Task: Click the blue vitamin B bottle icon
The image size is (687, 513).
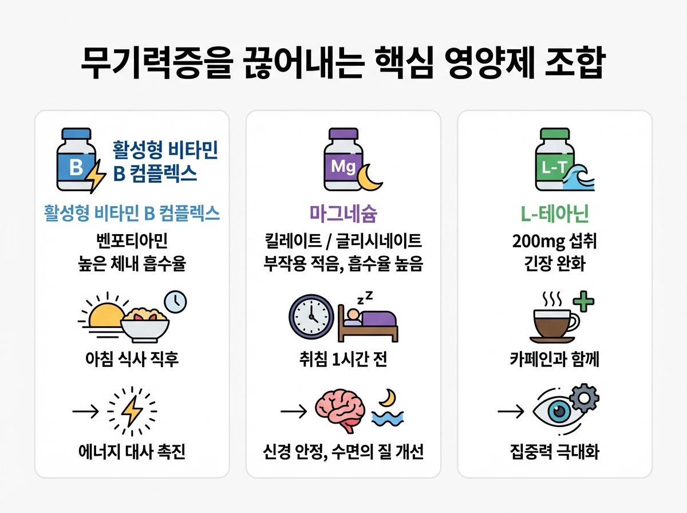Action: click(x=76, y=160)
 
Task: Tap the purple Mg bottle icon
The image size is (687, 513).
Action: click(x=343, y=160)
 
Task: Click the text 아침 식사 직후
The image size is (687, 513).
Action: click(x=132, y=360)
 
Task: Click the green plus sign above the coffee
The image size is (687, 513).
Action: click(x=583, y=301)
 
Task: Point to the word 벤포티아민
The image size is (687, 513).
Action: click(x=132, y=241)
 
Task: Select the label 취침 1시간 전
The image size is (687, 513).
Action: click(x=343, y=360)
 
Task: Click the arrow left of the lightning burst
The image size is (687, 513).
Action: click(x=85, y=411)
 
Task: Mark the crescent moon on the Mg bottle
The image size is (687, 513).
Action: click(x=368, y=177)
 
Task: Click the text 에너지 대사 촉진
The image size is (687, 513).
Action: click(x=132, y=452)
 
